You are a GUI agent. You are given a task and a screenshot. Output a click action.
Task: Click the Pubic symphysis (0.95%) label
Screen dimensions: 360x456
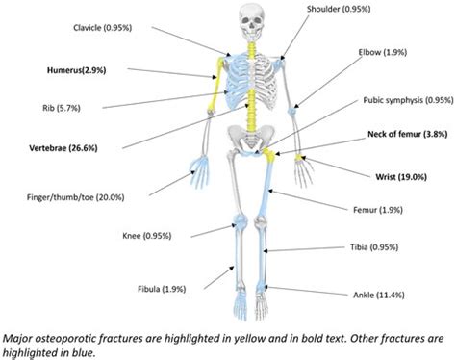point(407,98)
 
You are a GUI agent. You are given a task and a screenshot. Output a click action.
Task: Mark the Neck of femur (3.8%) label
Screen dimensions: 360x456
point(402,136)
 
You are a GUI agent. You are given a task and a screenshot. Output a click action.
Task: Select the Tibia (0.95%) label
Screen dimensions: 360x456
point(388,245)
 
